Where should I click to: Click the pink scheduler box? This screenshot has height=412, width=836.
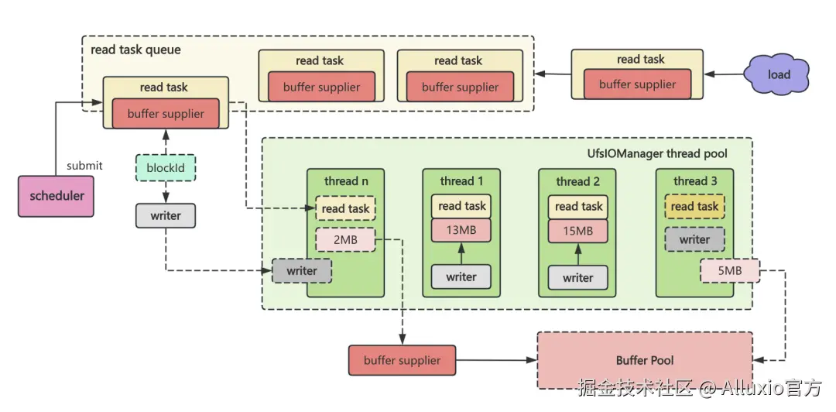[57, 195]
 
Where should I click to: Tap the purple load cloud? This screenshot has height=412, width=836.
[777, 75]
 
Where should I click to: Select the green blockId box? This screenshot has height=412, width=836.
[165, 167]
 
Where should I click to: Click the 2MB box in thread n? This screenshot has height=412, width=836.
[345, 240]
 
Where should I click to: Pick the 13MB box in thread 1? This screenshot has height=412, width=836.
[461, 230]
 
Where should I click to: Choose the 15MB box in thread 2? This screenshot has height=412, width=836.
[577, 231]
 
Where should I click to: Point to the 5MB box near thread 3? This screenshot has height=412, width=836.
[730, 271]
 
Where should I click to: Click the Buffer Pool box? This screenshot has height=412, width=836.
[644, 360]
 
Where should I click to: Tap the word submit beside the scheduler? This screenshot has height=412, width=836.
[84, 166]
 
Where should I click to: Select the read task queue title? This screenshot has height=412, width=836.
[135, 50]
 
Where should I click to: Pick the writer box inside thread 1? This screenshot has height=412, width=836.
[461, 276]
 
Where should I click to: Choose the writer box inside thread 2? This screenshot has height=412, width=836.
[577, 277]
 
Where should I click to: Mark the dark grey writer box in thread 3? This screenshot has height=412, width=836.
[694, 239]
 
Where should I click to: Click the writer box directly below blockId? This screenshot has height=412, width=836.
[165, 215]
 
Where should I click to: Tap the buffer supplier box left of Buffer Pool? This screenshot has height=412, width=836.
[402, 360]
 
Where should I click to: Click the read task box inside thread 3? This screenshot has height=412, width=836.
[694, 206]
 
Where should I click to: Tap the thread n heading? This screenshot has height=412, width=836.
[345, 181]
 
